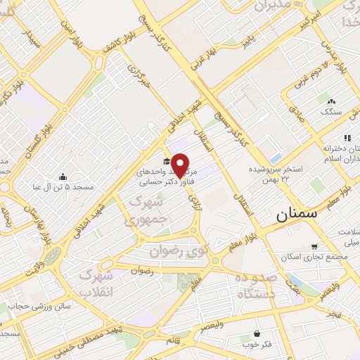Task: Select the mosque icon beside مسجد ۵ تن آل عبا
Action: (63, 176)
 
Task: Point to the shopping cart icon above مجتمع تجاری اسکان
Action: (314, 247)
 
